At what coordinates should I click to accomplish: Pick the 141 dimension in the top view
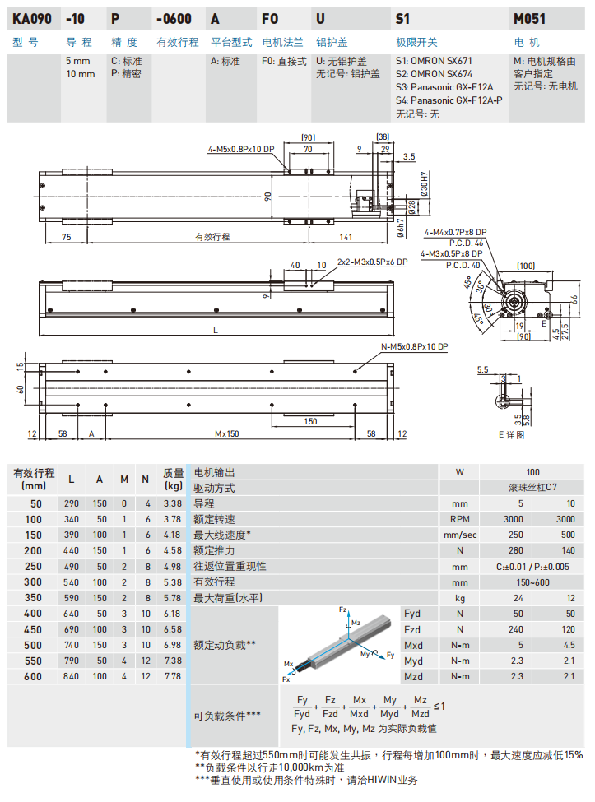click(x=346, y=237)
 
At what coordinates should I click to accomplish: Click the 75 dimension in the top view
click(x=65, y=237)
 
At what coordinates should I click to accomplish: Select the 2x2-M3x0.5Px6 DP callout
click(x=372, y=263)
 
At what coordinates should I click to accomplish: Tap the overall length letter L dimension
click(x=216, y=330)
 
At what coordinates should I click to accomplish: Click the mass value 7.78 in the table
click(x=172, y=675)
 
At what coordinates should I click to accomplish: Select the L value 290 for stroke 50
click(x=72, y=503)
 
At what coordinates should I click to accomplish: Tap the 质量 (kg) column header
click(x=172, y=479)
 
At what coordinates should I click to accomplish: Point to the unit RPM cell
click(x=460, y=519)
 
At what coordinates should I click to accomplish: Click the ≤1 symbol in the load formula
click(x=439, y=706)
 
